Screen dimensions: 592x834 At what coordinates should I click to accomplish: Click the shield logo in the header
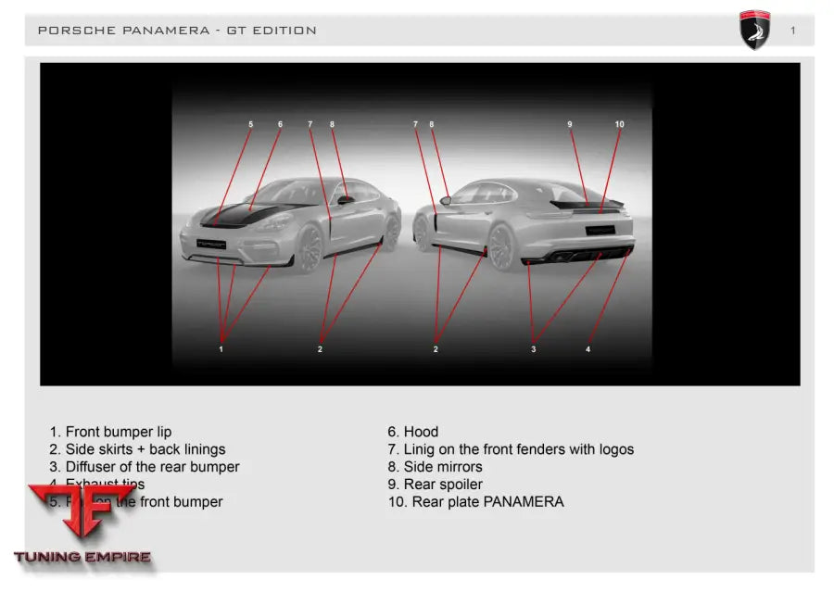pos(754,30)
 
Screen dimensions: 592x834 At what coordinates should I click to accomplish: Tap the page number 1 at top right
pos(793,31)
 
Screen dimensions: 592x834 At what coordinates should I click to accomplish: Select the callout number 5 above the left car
pos(250,124)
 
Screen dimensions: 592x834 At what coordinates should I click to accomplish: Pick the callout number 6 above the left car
pos(280,124)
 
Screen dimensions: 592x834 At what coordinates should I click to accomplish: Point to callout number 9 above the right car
pos(570,124)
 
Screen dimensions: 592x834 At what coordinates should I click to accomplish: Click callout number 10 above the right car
pos(619,124)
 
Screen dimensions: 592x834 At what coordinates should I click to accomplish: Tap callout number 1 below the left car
pos(221,349)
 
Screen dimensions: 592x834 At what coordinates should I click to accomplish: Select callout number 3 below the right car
pos(533,349)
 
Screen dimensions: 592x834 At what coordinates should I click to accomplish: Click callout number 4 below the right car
pos(588,349)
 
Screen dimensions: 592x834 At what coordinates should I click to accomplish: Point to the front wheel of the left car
pos(310,247)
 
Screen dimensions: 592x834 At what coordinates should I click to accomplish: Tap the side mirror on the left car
pos(345,199)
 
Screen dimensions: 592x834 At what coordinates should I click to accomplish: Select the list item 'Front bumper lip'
pos(110,432)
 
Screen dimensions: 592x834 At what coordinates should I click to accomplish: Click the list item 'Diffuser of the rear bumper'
pos(145,467)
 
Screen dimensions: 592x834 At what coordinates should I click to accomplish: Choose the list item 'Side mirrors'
pos(435,467)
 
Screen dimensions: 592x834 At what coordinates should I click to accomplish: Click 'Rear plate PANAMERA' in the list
pos(475,502)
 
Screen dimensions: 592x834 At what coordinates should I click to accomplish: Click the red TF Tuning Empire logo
pos(82,524)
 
